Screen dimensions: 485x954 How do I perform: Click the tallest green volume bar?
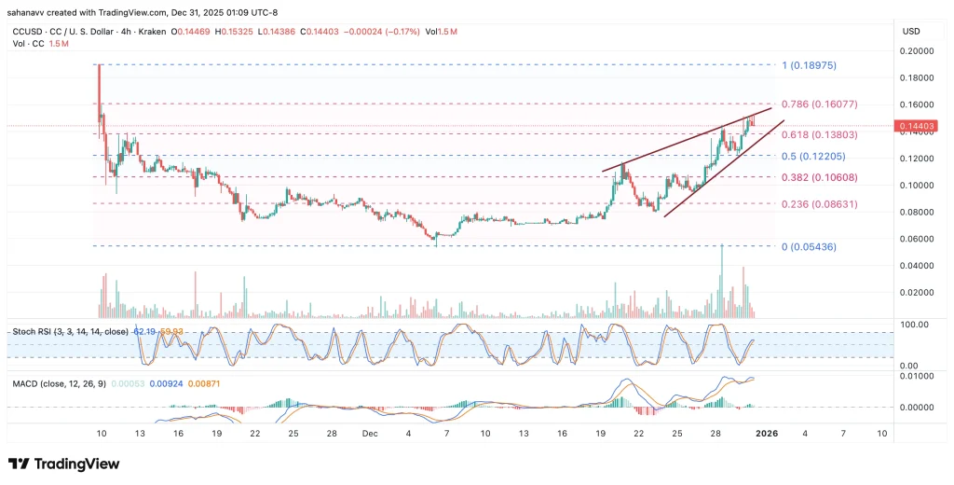721,280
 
